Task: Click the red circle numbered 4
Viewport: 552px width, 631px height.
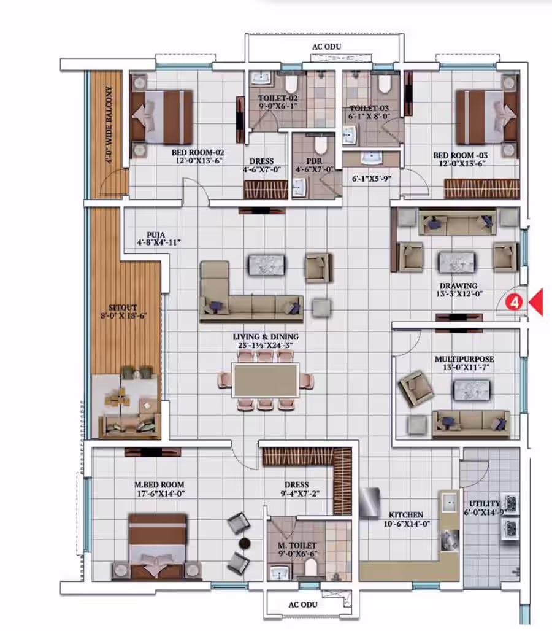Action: (514, 303)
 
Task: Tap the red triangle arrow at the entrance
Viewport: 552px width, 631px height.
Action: (536, 302)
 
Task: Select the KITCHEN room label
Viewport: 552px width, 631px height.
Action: (405, 515)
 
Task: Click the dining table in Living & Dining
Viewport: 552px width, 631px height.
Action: (266, 380)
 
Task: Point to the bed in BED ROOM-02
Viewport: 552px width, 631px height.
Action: (162, 117)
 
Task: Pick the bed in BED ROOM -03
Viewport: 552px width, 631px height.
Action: (486, 117)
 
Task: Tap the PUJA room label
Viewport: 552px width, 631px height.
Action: (156, 235)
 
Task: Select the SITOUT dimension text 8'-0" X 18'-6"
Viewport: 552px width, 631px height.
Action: (123, 316)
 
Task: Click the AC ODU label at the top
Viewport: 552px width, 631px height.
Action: (326, 47)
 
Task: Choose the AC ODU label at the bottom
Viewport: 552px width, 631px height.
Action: (303, 605)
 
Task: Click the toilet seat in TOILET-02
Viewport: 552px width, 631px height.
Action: (291, 83)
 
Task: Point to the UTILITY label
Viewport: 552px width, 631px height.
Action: (485, 503)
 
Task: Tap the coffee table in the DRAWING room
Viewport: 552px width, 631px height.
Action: (457, 263)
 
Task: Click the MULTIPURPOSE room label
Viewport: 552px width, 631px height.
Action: (464, 358)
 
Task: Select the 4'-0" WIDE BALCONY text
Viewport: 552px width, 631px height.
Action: (109, 125)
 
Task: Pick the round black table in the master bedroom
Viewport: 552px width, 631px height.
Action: (245, 543)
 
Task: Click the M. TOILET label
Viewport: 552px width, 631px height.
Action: (297, 546)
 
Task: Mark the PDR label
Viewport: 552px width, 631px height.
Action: (314, 161)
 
